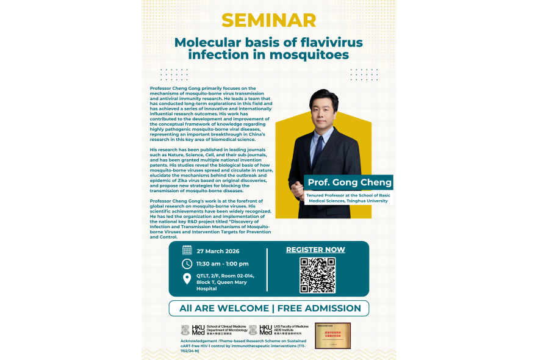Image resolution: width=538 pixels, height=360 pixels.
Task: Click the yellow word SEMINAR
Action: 269,20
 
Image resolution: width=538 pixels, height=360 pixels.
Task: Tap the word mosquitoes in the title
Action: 307,55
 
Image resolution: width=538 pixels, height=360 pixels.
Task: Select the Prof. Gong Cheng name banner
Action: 349,182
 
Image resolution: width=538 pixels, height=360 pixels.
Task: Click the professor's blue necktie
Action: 318,149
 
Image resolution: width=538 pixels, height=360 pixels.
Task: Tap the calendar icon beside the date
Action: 187,250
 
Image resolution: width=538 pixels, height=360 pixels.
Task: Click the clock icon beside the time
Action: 187,264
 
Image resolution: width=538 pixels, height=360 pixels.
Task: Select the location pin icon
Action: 187,279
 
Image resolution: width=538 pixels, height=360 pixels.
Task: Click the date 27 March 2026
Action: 218,251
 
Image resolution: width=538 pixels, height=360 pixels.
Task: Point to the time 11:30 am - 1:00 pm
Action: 222,264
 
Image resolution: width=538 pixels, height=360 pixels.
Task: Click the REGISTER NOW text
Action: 315,250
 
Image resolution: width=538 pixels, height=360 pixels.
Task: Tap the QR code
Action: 317,275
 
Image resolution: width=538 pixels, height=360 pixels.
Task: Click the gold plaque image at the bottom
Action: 332,335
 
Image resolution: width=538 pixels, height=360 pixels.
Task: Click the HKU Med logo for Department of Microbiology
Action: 193,330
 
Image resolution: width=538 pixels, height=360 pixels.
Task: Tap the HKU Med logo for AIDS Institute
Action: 266,330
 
